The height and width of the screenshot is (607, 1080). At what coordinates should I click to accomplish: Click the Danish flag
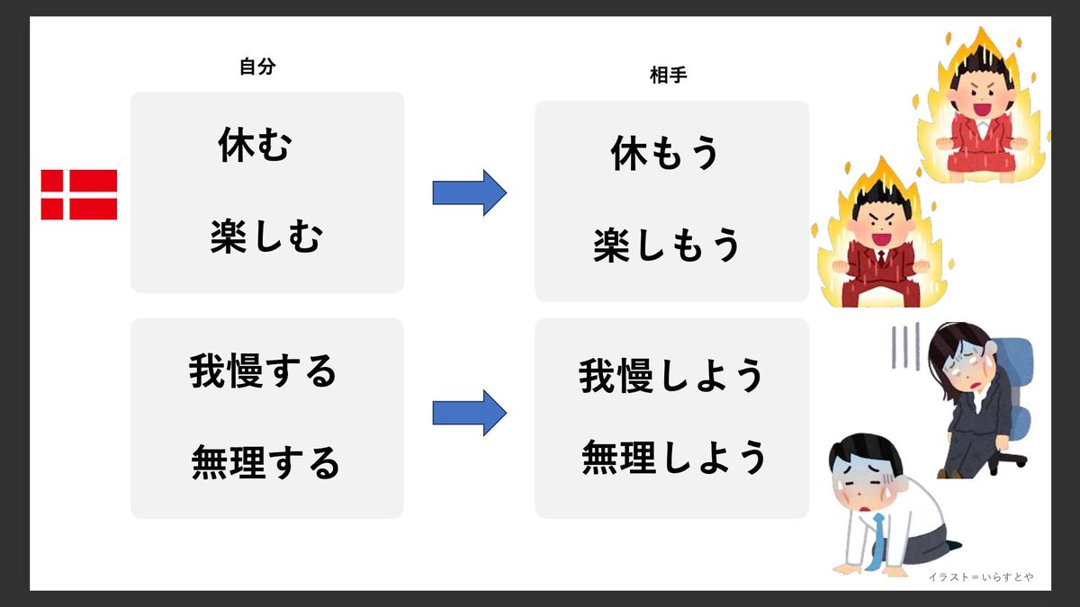(x=79, y=194)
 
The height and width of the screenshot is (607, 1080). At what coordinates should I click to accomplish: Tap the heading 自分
(x=256, y=66)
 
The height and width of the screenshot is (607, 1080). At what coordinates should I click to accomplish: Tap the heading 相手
(x=668, y=76)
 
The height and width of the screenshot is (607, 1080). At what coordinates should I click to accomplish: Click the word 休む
(x=256, y=145)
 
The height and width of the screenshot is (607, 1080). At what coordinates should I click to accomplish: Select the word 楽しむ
(x=266, y=238)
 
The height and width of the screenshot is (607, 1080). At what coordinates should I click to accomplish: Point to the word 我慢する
(x=263, y=370)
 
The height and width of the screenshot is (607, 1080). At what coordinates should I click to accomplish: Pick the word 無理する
(x=265, y=463)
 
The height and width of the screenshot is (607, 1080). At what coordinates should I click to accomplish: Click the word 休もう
(x=666, y=154)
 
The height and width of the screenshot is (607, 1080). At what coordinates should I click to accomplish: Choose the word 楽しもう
(x=667, y=245)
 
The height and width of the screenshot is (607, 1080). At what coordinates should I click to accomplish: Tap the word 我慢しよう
(x=671, y=376)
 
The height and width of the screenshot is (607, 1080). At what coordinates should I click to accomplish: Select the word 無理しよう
(x=674, y=457)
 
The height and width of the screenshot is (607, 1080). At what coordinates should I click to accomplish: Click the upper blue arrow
(x=469, y=192)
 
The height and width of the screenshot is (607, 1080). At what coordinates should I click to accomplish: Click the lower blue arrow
(x=469, y=413)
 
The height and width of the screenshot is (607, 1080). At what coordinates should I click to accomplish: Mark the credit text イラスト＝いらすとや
(x=979, y=576)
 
